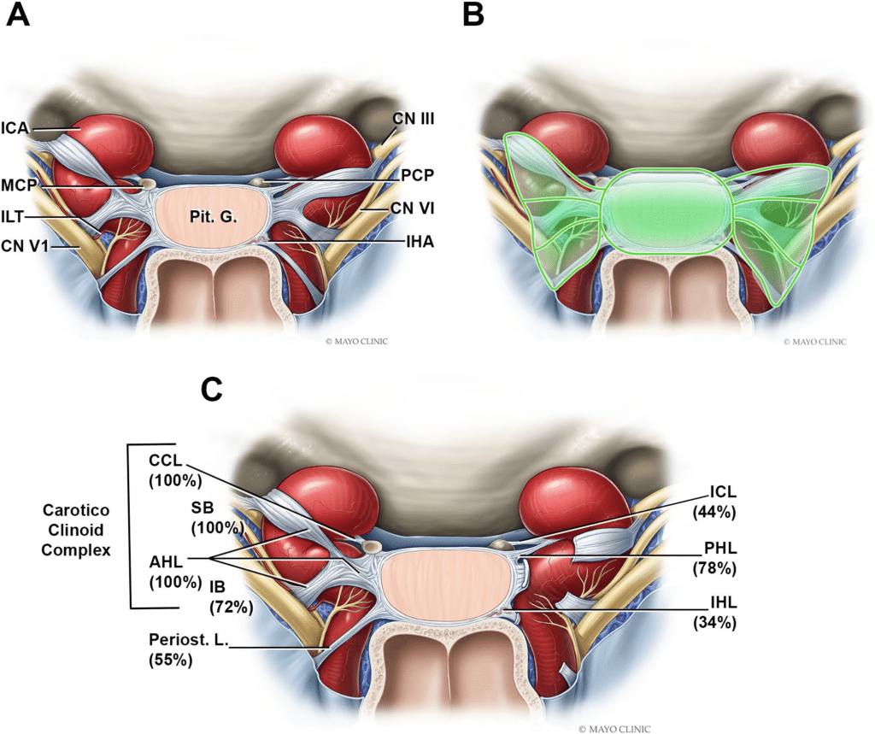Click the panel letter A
tap(17, 15)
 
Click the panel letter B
tap(473, 15)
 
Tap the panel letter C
tap(212, 390)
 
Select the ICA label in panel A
tap(15, 128)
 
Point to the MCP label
tap(19, 185)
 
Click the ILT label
tap(13, 216)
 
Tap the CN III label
tap(413, 118)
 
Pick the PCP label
tap(417, 175)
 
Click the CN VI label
tap(413, 208)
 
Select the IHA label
tap(420, 242)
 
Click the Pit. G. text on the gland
tap(213, 217)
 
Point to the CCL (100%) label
tap(175, 470)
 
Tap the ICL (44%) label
tap(714, 502)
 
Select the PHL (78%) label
tap(714, 558)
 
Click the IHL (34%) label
tap(714, 612)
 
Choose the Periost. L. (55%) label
tap(189, 649)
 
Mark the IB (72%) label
tap(231, 596)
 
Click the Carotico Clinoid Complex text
tap(76, 530)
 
